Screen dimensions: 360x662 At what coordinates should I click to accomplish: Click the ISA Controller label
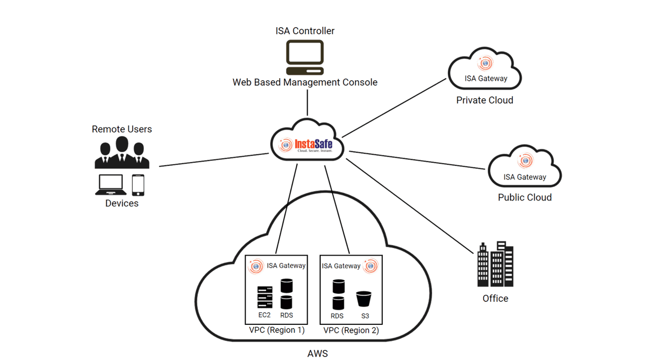(304, 31)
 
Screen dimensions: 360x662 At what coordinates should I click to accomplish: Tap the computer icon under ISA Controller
(304, 57)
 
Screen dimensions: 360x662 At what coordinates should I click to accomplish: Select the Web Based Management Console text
(304, 82)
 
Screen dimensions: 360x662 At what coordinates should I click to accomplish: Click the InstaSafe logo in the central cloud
(307, 144)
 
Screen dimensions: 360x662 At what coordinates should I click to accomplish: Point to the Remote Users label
(122, 129)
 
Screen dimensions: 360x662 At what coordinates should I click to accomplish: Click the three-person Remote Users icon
(122, 153)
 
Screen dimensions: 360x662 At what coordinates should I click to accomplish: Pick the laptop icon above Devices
(111, 184)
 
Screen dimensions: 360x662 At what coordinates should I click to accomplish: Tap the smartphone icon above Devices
(138, 184)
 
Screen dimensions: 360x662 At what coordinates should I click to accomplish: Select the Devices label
(122, 203)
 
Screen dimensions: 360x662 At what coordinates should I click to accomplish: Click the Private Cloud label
(485, 100)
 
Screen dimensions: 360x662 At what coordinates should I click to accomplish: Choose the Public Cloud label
(524, 198)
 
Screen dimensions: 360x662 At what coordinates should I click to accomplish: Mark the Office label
(495, 299)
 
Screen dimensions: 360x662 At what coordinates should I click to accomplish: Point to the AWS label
(317, 353)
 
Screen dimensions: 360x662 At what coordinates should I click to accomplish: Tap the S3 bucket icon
(364, 299)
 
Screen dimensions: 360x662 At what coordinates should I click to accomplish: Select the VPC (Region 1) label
(277, 331)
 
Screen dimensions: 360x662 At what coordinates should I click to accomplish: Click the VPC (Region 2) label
(351, 331)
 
